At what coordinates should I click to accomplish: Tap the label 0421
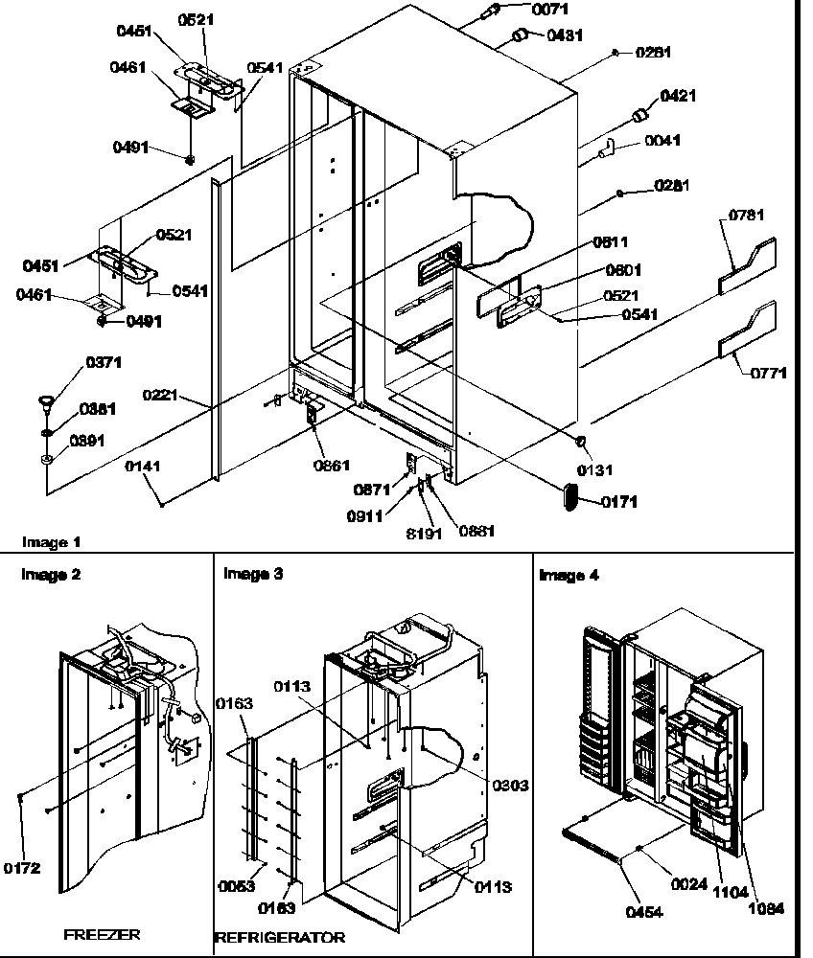(679, 96)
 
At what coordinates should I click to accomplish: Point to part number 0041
(662, 141)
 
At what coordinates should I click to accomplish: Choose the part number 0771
(767, 374)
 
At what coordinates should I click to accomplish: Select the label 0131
(595, 470)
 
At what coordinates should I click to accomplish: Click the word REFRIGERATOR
(280, 938)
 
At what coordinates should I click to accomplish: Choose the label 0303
(511, 786)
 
